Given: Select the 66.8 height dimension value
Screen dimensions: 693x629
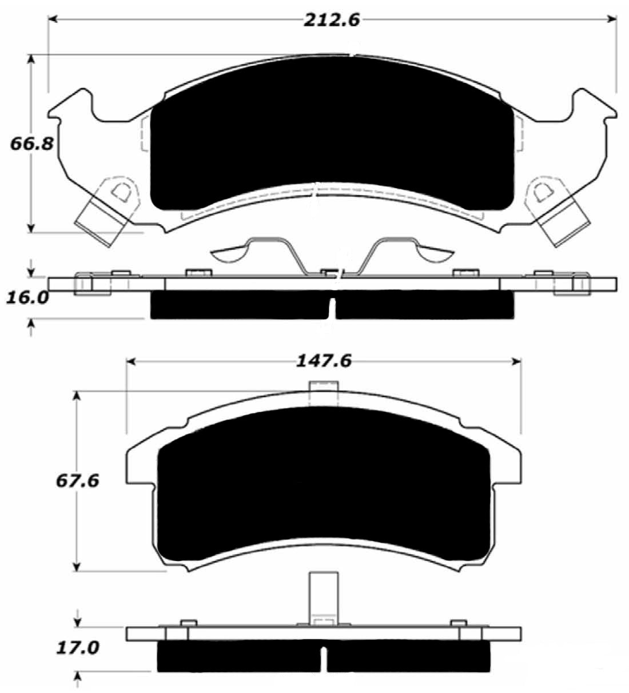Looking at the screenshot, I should click(31, 143).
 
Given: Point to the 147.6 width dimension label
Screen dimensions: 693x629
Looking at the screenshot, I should click(323, 361).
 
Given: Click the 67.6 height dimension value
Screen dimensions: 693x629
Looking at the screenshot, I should click(78, 480).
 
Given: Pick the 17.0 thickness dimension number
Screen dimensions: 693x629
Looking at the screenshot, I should click(78, 648).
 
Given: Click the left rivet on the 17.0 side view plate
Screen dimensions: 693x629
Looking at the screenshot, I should click(188, 623).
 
